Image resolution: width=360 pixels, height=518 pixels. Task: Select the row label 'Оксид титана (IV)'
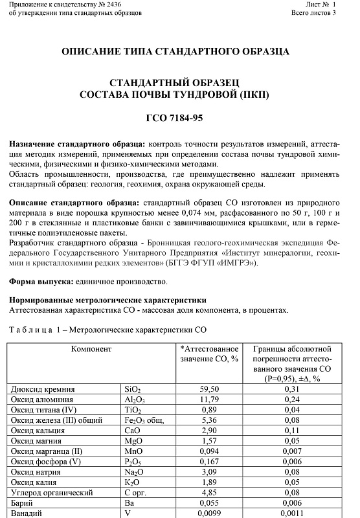click(x=43, y=410)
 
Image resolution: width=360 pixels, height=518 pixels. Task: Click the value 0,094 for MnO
click(x=210, y=451)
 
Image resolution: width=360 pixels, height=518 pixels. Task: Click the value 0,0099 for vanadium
click(x=210, y=513)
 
